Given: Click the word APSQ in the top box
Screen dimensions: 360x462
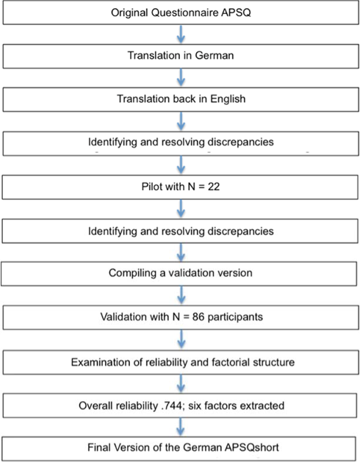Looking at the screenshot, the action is tap(236, 12).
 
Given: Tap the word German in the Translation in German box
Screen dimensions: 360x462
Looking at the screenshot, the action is tap(215, 55).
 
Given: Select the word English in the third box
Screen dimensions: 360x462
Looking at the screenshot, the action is tap(228, 98).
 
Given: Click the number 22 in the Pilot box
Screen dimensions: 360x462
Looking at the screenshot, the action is tap(214, 187).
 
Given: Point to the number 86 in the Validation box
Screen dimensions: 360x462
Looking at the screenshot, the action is tap(198, 317).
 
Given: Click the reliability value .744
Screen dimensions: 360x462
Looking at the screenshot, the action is tap(172, 405).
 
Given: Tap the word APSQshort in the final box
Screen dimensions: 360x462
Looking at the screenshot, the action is tap(251, 447).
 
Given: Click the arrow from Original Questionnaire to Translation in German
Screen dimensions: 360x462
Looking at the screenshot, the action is tap(181, 35).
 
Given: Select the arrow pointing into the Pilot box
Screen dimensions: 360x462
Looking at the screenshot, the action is tap(181, 165).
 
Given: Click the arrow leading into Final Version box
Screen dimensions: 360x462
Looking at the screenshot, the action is tap(180, 427).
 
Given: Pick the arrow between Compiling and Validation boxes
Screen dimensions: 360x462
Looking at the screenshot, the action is tap(181, 295).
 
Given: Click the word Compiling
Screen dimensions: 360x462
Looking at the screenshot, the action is tap(132, 273).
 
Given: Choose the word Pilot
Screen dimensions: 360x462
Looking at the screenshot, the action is tap(152, 187).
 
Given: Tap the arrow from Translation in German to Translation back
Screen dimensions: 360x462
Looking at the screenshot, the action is tap(181, 78).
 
